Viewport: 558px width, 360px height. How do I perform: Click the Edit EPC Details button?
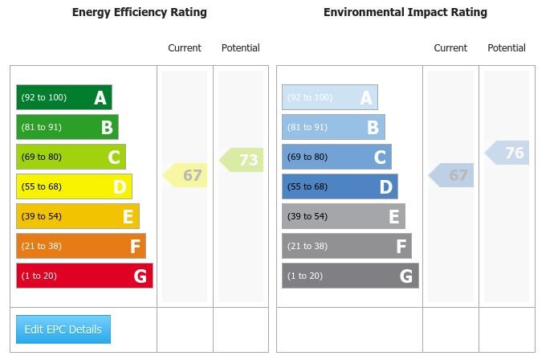(63, 329)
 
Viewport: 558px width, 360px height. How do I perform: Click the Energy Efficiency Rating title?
(139, 12)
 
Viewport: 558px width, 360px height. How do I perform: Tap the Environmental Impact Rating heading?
(405, 12)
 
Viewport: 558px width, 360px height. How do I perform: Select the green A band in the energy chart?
(64, 97)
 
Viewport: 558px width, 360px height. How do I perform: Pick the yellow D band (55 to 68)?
(74, 186)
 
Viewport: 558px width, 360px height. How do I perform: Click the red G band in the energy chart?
(84, 276)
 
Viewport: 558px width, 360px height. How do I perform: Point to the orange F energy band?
(81, 246)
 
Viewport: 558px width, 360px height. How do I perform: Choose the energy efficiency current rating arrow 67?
(186, 175)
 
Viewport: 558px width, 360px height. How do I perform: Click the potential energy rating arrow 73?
(242, 160)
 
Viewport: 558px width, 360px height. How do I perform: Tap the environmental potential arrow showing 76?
(508, 153)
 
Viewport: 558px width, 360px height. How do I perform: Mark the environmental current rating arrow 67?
(452, 175)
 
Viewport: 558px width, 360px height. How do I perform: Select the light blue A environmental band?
(329, 97)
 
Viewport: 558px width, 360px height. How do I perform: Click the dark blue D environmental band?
(340, 186)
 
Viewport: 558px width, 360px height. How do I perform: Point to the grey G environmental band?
(350, 276)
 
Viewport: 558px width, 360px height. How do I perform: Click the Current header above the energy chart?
(185, 48)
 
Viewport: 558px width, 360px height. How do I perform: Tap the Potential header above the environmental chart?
(507, 48)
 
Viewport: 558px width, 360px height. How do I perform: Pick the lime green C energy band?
(71, 157)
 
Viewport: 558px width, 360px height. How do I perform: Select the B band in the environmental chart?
(333, 127)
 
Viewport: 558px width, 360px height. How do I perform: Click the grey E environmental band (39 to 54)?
(344, 216)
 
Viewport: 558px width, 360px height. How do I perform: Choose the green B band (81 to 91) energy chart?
(67, 127)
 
